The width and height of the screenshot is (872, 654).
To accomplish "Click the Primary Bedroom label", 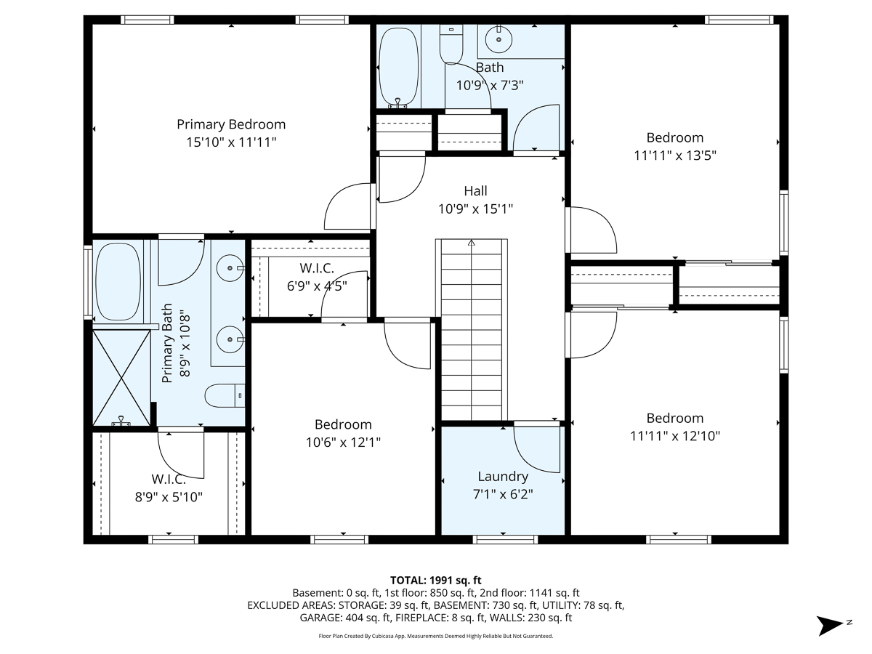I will tap(231, 124).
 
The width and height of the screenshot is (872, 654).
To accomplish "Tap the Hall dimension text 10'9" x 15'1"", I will tap(475, 209).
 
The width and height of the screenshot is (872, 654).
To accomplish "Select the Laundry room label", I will tap(503, 477).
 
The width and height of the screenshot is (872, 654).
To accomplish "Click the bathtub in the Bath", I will tap(398, 67).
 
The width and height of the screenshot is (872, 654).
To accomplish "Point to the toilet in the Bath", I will tap(451, 46).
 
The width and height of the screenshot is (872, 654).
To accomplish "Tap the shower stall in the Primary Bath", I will tap(121, 376).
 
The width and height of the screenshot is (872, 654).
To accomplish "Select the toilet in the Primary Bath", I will tap(225, 396).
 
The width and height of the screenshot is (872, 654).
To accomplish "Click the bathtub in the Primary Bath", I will tap(118, 282).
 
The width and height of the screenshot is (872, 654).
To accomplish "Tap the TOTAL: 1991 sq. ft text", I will tap(436, 580).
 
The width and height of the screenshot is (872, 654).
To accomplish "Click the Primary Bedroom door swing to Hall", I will tap(348, 206).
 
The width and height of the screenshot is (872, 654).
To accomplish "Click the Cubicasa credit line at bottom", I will tap(436, 636).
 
